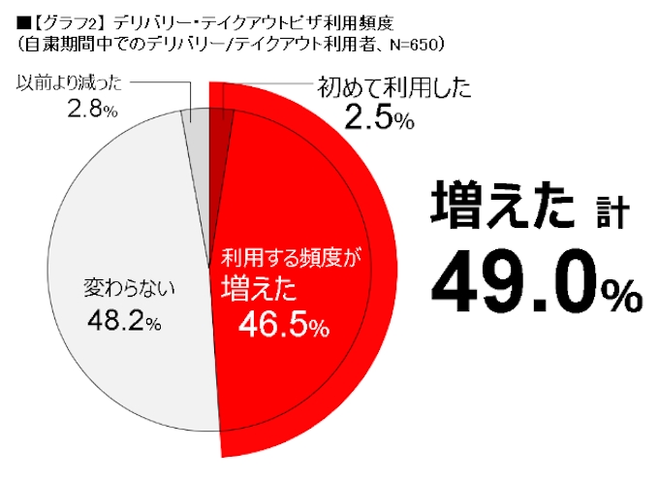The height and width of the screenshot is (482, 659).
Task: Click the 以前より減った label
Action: (63, 83)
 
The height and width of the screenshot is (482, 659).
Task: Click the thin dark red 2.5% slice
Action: (219, 126)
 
